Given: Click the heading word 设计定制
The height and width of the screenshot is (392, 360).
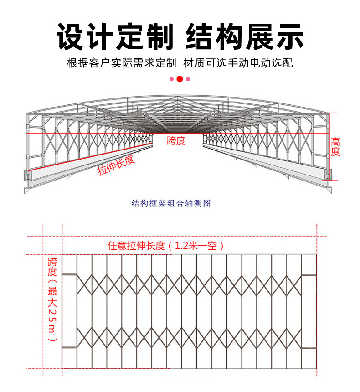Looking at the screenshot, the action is [x=115, y=36].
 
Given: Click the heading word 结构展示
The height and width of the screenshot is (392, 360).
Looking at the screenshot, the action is [x=245, y=36].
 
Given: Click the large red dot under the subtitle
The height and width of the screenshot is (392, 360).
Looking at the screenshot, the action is [x=180, y=79].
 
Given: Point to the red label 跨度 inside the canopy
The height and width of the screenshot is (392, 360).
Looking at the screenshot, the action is [x=176, y=140].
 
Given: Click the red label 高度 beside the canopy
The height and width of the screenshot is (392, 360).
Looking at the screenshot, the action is [x=335, y=147].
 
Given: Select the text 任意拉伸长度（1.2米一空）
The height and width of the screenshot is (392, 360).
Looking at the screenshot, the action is [x=166, y=246].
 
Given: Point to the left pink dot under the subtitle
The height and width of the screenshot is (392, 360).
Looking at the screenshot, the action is [x=171, y=79].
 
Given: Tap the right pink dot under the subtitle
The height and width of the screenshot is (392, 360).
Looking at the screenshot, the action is [x=188, y=79].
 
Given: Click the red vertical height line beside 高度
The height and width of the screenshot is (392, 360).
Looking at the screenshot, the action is [x=329, y=146].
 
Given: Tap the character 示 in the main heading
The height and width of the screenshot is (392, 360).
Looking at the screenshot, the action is [x=288, y=36].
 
